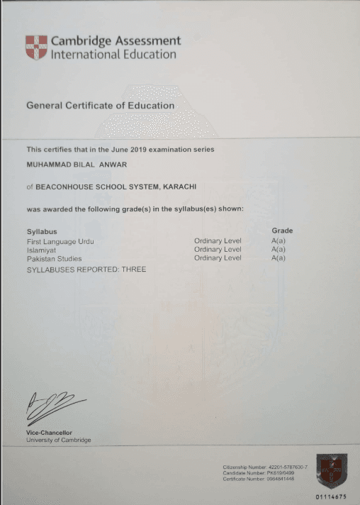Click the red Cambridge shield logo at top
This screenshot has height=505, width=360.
36,48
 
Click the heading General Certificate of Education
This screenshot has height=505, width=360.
100,106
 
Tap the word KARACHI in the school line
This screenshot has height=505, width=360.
176,187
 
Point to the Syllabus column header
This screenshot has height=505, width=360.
41,231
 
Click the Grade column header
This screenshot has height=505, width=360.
282,231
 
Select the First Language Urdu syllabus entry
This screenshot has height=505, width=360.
60,242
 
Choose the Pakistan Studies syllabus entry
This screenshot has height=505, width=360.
54,258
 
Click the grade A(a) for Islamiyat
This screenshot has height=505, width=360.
279,250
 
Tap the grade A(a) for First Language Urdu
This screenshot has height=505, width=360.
279,242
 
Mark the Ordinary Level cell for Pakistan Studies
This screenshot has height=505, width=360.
218,258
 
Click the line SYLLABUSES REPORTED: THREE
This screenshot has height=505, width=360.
86,270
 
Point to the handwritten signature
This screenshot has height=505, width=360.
52,409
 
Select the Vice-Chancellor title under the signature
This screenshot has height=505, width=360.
49,433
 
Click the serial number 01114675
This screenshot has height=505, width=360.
330,497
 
